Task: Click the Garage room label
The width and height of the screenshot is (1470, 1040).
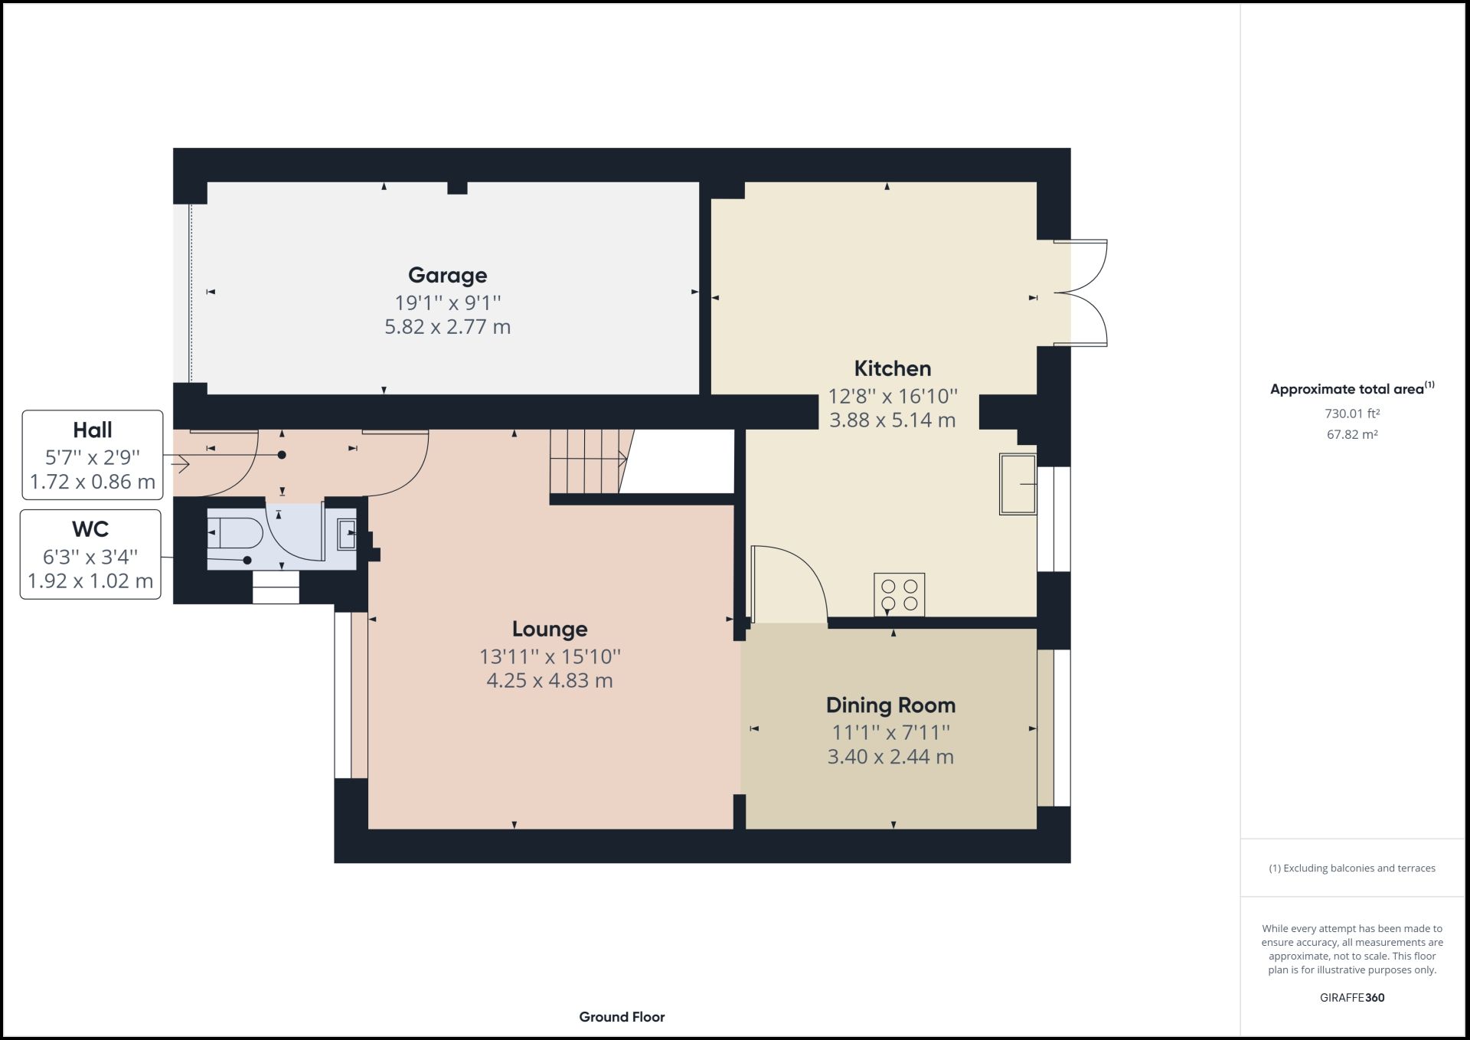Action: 447,275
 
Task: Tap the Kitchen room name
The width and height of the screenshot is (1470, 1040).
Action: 892,368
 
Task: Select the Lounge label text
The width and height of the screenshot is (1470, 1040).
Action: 550,629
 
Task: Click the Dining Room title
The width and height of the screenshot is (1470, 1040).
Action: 890,705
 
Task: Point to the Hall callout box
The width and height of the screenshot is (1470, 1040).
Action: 93,455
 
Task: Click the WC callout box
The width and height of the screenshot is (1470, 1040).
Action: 90,554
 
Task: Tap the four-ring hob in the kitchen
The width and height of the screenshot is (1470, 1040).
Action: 899,594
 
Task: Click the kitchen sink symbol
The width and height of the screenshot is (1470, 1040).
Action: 1018,484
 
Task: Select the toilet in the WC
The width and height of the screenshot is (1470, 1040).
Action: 234,533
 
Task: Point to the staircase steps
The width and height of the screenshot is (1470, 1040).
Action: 586,461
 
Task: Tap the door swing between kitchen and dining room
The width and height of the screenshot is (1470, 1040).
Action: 789,582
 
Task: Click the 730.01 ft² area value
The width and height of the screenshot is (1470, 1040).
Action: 1352,414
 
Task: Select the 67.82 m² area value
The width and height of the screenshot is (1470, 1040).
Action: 1352,434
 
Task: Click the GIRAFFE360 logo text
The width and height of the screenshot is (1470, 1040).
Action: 1352,998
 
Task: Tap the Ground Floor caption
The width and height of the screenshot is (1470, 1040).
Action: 622,1017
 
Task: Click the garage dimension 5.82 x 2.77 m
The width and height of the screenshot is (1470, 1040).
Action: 447,327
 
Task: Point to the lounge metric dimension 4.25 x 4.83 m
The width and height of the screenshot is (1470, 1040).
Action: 550,681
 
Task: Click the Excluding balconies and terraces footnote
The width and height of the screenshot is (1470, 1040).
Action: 1352,868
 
